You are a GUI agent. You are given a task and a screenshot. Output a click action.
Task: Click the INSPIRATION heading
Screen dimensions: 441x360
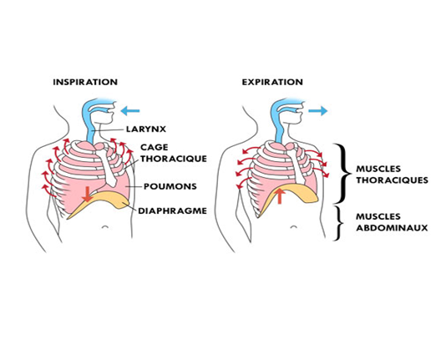click(85, 82)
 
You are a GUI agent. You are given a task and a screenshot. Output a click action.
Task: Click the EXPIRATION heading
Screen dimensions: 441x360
click(272, 82)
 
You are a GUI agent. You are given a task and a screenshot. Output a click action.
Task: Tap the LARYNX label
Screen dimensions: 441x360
click(146, 129)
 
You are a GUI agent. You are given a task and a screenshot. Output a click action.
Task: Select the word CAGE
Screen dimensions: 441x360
click(155, 147)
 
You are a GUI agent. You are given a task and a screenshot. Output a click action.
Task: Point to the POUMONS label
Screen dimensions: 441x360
click(170, 186)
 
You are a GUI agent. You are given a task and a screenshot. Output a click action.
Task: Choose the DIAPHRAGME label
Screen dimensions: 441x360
click(172, 210)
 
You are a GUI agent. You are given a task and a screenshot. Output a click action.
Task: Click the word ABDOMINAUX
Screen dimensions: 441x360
click(392, 227)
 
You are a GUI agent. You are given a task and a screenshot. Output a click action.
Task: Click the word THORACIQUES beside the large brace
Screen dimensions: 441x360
click(392, 180)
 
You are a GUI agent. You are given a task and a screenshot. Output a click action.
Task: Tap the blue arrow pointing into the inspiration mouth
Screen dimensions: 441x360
click(130, 111)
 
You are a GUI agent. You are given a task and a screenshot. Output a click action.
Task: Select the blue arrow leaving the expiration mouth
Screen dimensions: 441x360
click(318, 111)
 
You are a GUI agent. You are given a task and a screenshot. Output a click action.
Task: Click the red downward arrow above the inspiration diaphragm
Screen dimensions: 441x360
click(88, 194)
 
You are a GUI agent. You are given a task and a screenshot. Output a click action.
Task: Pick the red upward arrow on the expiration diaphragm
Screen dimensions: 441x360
click(279, 195)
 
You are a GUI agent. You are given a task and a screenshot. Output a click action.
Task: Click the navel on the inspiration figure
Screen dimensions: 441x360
click(105, 226)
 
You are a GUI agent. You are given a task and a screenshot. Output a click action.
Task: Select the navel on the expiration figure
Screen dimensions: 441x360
click(294, 226)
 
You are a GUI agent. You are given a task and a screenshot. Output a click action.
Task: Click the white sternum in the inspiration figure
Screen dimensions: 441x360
click(106, 164)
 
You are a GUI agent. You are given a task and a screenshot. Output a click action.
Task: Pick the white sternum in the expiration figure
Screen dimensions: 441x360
click(296, 163)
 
